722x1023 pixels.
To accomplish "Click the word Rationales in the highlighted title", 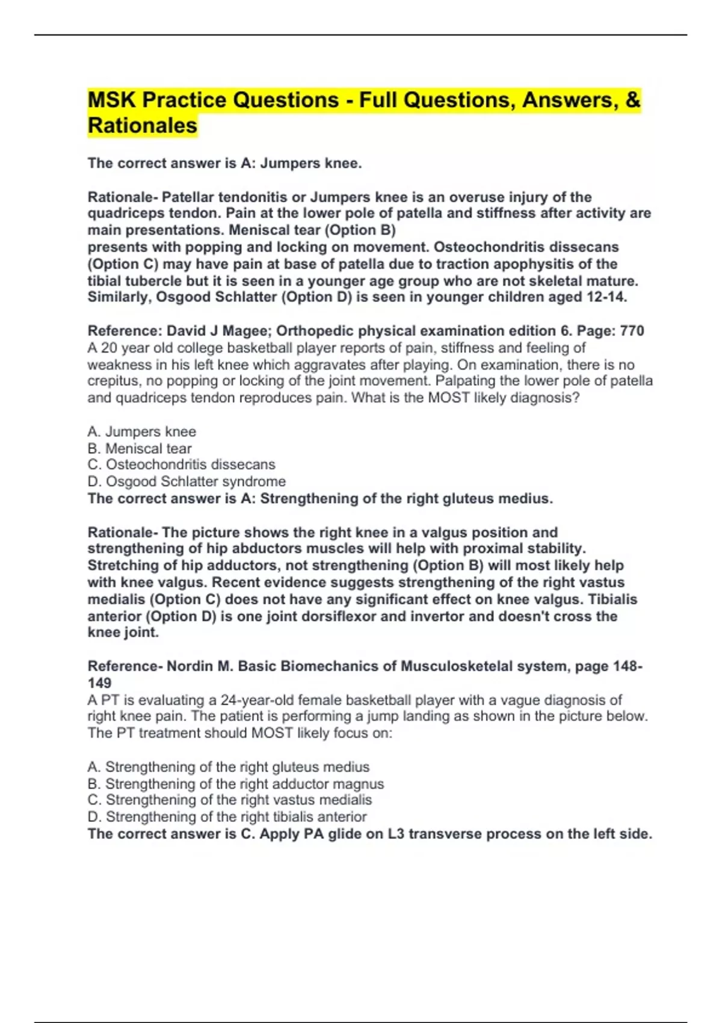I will coord(143,126).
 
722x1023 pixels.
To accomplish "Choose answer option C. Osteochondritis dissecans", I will coord(181,465).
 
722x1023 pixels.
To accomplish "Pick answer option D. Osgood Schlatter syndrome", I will coord(187,481).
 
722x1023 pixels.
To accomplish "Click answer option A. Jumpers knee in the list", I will coord(141,431).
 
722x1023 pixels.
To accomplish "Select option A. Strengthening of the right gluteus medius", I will coord(229,767).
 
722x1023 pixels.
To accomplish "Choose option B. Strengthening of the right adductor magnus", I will coord(235,783).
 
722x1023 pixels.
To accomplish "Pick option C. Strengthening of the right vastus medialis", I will coord(229,800).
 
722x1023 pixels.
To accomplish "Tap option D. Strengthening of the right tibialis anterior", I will coord(227,817).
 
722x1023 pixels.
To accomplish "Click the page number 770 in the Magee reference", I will coord(632,331).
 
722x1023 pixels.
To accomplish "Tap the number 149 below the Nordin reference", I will coord(99,683).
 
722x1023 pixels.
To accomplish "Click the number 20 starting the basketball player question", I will coord(110,348).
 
